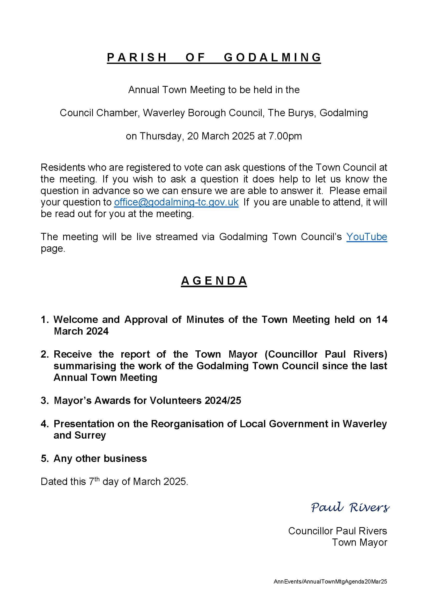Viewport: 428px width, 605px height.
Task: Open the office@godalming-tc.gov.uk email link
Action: click(x=176, y=202)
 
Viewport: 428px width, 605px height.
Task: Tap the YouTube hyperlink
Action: click(x=366, y=237)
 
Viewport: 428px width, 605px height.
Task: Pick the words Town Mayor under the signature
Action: click(x=359, y=542)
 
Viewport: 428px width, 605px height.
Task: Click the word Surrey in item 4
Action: click(x=90, y=435)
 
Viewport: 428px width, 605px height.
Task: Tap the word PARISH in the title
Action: click(x=137, y=57)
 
